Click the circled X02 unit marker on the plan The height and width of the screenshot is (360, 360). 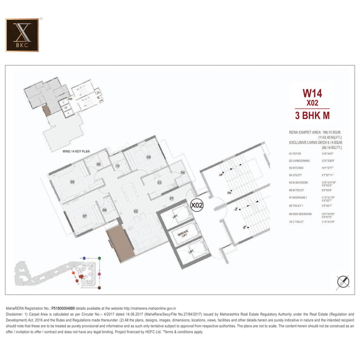tap(197, 205)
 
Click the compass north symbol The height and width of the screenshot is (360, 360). tap(342, 281)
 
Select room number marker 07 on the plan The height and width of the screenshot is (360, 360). tap(85, 216)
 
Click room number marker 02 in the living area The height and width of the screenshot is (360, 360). tap(136, 211)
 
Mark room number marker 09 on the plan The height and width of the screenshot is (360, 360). tap(149, 157)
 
